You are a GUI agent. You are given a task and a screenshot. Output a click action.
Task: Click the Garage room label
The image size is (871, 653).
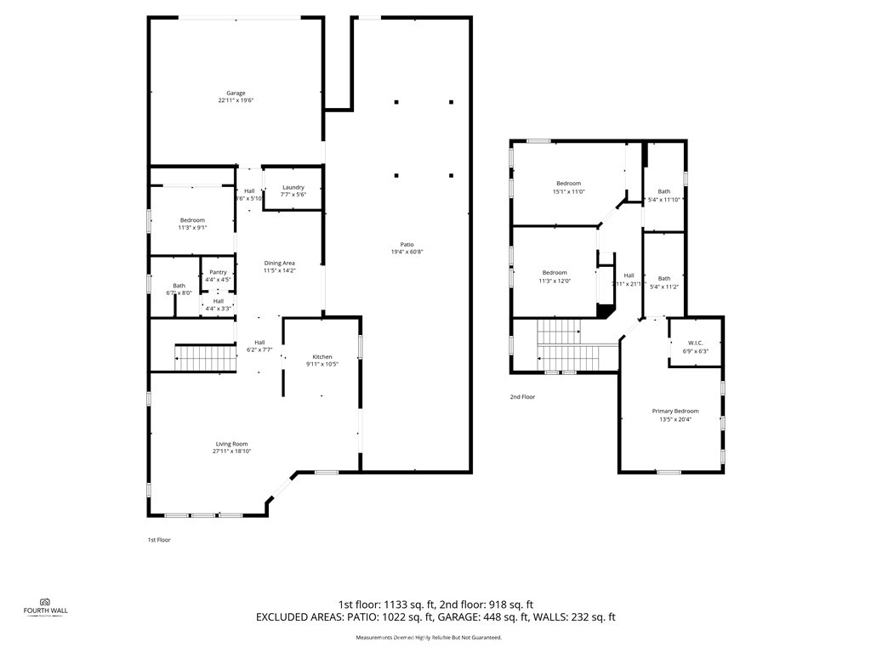(x=236, y=93)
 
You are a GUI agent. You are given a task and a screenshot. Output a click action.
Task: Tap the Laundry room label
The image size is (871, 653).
(x=293, y=187)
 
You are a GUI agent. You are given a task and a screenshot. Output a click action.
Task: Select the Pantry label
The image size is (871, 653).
(x=219, y=272)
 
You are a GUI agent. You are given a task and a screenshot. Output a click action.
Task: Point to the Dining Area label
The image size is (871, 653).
(x=279, y=264)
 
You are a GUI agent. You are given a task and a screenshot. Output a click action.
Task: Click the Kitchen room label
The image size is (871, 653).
(x=322, y=356)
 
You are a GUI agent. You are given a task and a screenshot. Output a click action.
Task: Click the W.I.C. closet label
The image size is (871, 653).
(x=695, y=343)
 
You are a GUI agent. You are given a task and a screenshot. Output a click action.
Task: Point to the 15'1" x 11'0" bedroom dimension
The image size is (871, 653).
(x=569, y=192)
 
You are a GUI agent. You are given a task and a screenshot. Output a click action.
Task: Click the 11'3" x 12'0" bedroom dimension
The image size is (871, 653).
(x=555, y=281)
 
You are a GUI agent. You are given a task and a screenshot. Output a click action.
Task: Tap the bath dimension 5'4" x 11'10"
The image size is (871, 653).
(x=664, y=200)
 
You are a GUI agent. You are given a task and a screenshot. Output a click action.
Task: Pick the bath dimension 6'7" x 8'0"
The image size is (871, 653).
(x=179, y=292)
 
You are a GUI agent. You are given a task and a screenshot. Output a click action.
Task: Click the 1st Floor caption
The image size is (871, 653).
(x=159, y=540)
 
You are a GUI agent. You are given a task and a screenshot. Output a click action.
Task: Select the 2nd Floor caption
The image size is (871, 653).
(x=522, y=397)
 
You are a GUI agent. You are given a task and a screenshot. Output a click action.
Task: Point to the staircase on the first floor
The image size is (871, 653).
(x=206, y=358)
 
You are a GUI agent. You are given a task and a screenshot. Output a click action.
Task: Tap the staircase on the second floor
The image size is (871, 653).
(x=568, y=345)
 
